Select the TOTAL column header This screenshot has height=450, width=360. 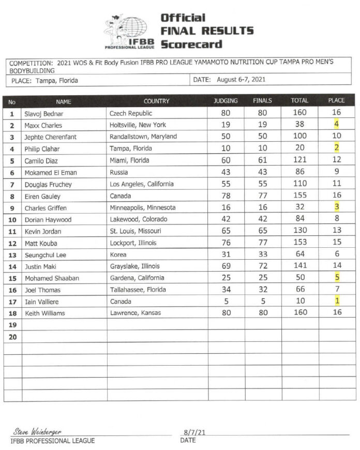[x=299, y=101]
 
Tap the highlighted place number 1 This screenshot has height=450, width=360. [x=337, y=301]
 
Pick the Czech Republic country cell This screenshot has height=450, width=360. [x=131, y=113]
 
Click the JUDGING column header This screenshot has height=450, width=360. [x=226, y=101]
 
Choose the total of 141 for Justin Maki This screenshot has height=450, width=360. [x=299, y=266]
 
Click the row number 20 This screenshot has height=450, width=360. [x=12, y=336]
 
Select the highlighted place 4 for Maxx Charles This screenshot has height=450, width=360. [x=337, y=124]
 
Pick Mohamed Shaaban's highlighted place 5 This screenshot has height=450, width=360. [x=337, y=278]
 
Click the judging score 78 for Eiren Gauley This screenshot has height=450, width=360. [x=226, y=197]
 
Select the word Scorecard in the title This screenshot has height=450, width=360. [x=191, y=44]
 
